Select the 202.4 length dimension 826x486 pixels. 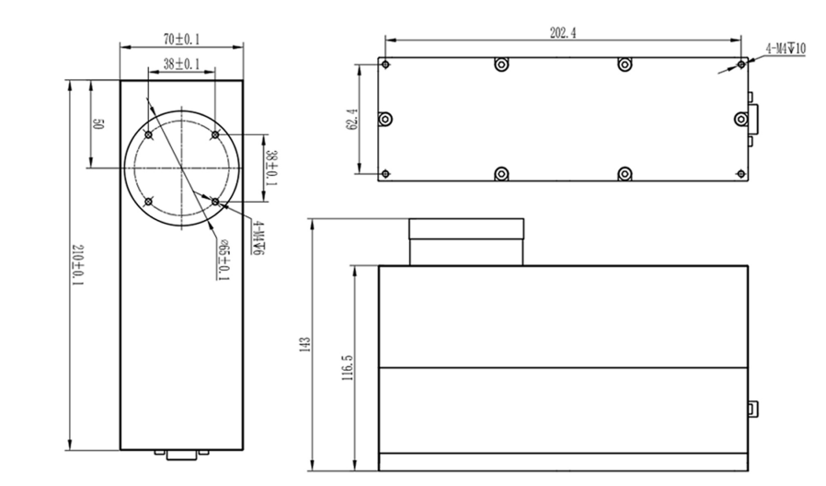(x=563, y=32)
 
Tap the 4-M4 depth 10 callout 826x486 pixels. (x=785, y=48)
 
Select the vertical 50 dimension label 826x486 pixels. (x=98, y=124)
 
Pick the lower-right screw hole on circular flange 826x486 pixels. (x=214, y=200)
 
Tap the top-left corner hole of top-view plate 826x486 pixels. (x=385, y=64)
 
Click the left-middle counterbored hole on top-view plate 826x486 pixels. (x=385, y=119)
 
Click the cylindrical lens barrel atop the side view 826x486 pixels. (x=465, y=242)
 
